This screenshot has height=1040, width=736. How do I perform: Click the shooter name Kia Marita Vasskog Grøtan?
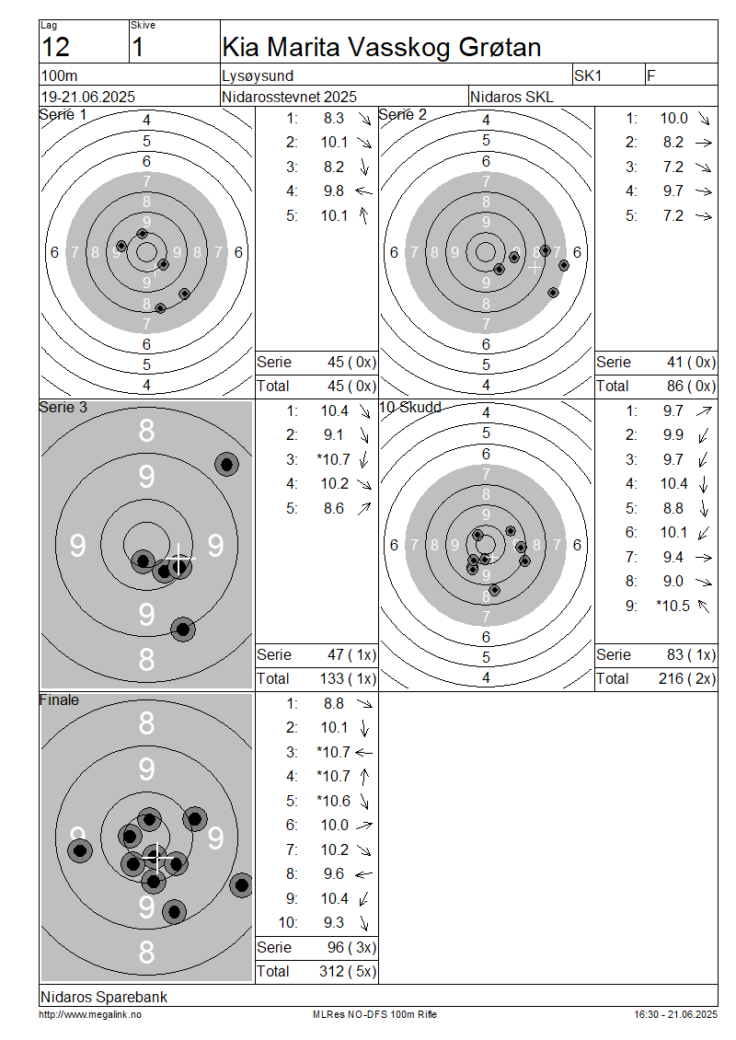tap(382, 47)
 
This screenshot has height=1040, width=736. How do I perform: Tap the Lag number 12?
tap(55, 48)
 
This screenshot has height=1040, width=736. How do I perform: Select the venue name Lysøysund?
tap(258, 76)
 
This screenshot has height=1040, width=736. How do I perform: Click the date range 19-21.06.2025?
tap(88, 97)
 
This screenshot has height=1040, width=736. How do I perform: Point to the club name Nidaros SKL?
tap(512, 97)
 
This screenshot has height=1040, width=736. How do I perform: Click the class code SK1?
tap(588, 75)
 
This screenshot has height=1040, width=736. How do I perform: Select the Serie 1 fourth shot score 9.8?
tap(334, 191)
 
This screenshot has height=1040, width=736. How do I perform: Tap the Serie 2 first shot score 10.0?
tap(673, 118)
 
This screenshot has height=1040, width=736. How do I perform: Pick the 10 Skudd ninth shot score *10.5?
tap(673, 606)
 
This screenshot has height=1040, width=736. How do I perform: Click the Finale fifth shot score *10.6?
tap(333, 801)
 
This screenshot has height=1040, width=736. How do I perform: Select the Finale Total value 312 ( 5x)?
tap(348, 971)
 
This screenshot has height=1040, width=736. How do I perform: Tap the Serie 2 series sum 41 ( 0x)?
tap(691, 362)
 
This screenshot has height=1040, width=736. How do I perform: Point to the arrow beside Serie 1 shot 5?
tap(363, 215)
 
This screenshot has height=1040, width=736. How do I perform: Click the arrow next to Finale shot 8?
tap(363, 874)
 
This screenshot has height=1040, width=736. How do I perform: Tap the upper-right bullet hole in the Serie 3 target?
tap(226, 464)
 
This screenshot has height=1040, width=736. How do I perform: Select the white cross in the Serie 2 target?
tap(535, 267)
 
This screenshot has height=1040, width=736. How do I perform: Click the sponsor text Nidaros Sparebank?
tap(103, 997)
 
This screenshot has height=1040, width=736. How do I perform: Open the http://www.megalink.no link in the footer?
tap(89, 1014)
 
